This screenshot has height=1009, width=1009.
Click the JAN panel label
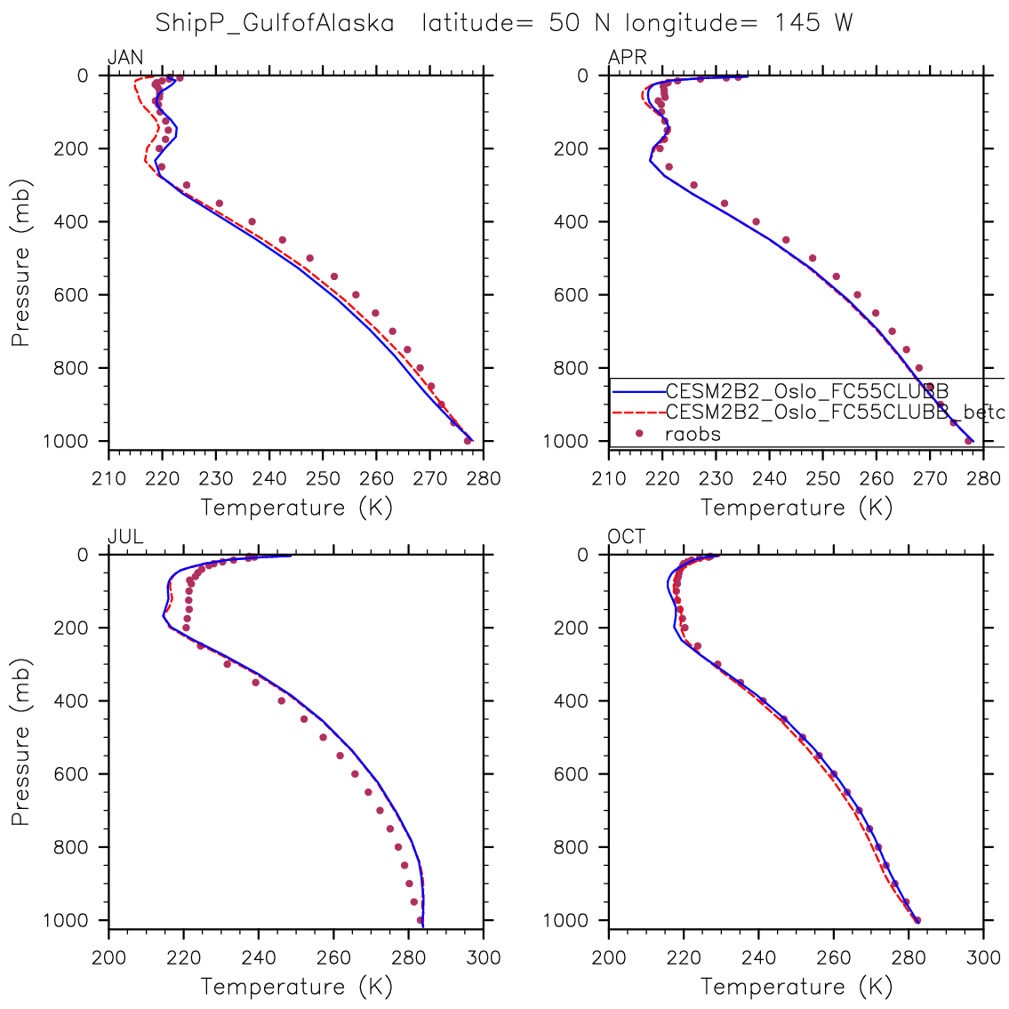(125, 58)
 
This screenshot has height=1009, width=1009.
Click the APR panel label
(627, 58)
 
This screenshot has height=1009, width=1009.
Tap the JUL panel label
(125, 537)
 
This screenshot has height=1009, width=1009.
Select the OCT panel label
(627, 537)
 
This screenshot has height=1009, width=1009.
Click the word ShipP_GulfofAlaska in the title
(275, 23)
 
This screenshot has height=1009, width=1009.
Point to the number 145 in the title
(796, 23)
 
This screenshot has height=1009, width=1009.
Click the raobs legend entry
(693, 434)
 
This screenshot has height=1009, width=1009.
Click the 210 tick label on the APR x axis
(609, 478)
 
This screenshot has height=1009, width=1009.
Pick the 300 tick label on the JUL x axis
(484, 957)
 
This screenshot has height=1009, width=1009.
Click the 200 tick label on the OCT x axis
(609, 957)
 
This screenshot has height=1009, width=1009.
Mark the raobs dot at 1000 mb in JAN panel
(468, 440)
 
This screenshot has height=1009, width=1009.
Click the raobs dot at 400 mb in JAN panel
(252, 221)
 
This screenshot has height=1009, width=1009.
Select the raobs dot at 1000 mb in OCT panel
(917, 920)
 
